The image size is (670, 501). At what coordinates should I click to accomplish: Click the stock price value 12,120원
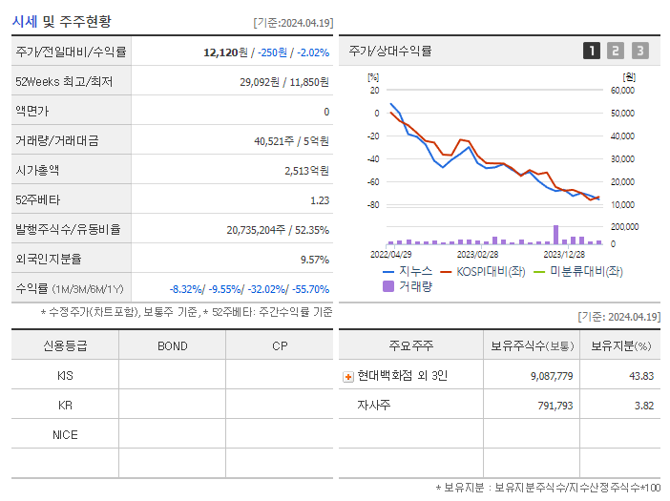pos(224,52)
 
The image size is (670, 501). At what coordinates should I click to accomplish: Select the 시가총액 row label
pos(37,171)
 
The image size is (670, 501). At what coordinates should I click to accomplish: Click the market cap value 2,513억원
pos(306,171)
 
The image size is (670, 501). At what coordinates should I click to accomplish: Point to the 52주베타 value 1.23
pos(320,200)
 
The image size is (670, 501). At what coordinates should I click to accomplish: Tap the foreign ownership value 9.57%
pos(314,260)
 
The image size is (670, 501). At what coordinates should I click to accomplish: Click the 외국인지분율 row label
pos(49,260)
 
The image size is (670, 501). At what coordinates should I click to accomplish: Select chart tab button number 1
pos(592,51)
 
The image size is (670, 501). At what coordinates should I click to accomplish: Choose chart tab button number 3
pos(639,51)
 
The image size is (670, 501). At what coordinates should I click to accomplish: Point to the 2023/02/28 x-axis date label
pos(477,255)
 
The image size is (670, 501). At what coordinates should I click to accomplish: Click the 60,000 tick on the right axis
pos(622,91)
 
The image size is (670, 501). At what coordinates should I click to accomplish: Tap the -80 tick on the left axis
pos(373,205)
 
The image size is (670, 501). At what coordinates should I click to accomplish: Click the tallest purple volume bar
pos(555,235)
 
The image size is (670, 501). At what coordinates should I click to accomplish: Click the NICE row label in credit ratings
pos(65,434)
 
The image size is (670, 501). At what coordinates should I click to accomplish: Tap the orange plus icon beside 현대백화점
pos(348,377)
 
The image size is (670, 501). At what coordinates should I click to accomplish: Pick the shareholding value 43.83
pos(640,376)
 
